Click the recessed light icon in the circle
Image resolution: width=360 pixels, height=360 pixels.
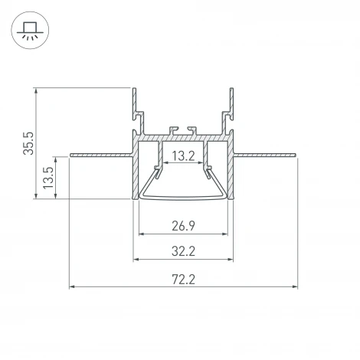tap(30, 31)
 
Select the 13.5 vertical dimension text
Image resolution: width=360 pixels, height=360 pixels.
tap(48, 177)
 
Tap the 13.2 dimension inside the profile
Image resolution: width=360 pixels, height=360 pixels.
tap(182, 156)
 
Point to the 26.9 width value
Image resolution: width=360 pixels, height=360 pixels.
tap(182, 226)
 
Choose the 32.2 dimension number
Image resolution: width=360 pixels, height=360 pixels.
tap(182, 250)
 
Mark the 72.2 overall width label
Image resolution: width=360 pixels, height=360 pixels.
tap(182, 279)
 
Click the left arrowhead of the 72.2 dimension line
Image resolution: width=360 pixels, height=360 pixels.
tap(72, 287)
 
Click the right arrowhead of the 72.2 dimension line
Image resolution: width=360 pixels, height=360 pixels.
tap(295, 287)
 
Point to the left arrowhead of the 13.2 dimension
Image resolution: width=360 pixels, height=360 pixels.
tap(162, 164)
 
